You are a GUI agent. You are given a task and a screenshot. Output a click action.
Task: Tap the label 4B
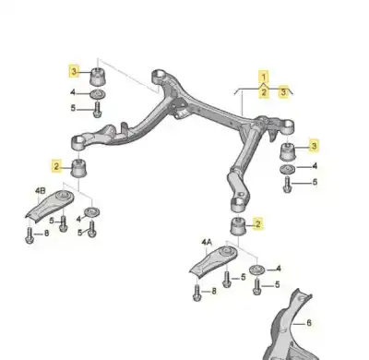(40, 191)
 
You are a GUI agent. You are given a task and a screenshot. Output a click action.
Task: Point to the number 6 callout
(310, 322)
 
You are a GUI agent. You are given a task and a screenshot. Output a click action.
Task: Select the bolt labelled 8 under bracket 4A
(197, 294)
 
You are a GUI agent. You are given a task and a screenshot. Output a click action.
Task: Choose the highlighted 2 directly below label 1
(263, 91)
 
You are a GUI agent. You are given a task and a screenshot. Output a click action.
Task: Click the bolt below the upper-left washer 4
(97, 111)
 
